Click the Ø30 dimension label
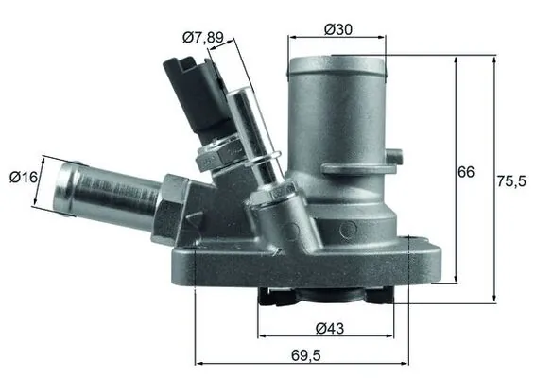(338, 29)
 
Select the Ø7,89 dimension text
(202, 37)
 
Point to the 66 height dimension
(466, 173)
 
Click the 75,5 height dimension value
(511, 181)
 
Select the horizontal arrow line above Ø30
(337, 40)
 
